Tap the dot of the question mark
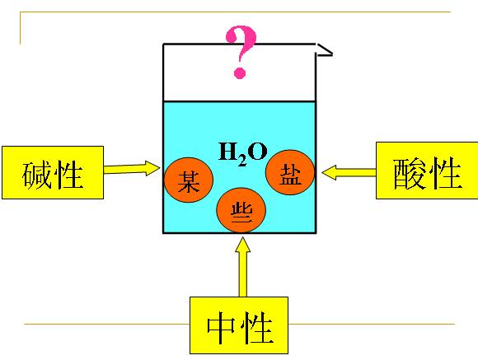[x=240, y=73]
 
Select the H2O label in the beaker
[x=243, y=153]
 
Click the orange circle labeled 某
[x=189, y=180]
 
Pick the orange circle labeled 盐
[x=290, y=172]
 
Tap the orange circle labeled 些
[x=241, y=210]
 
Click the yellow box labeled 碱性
[x=53, y=172]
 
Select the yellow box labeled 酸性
[x=427, y=171]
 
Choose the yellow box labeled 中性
[x=239, y=325]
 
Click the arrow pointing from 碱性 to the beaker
[x=132, y=168]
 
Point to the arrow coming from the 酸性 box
[x=349, y=172]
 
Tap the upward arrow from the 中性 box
[x=242, y=267]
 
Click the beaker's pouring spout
[x=325, y=50]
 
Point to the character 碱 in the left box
[x=36, y=174]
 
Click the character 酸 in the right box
[x=410, y=174]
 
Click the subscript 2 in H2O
[x=242, y=161]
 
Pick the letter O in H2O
[x=257, y=152]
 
